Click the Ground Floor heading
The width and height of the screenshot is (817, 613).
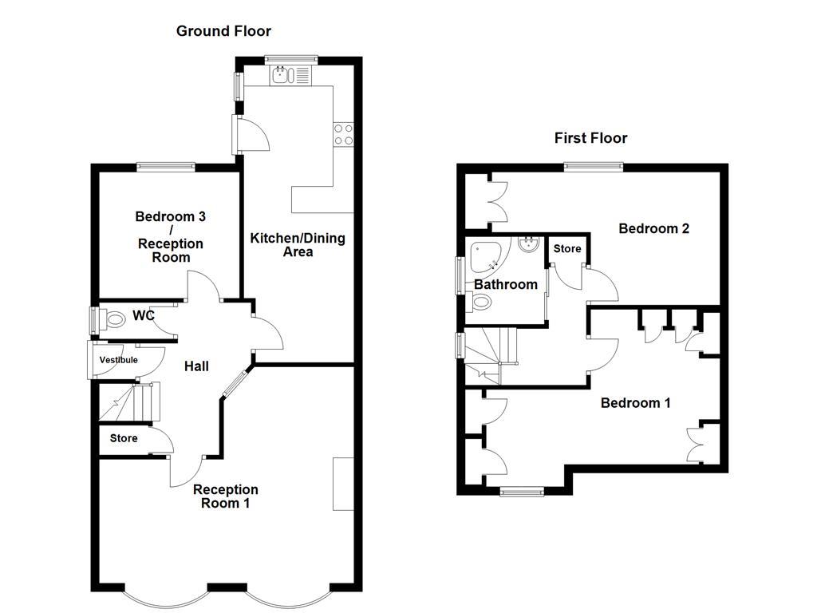[223, 31]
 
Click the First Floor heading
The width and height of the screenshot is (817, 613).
[590, 138]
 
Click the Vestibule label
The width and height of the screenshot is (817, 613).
[118, 360]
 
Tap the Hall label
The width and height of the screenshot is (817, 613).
[196, 366]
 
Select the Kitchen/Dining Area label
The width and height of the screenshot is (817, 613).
[298, 245]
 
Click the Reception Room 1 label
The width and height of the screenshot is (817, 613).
[226, 496]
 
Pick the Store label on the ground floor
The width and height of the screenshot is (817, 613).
[124, 438]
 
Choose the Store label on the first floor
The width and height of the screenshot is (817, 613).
[567, 249]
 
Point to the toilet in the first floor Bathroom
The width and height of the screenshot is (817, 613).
[481, 302]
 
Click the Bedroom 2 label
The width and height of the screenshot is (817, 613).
[653, 228]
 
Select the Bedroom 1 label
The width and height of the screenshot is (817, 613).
[635, 403]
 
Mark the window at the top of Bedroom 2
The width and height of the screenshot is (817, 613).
[594, 166]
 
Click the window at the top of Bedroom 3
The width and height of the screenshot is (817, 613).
[166, 166]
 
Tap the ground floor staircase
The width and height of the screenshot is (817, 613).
[130, 401]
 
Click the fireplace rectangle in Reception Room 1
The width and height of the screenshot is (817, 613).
[343, 484]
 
